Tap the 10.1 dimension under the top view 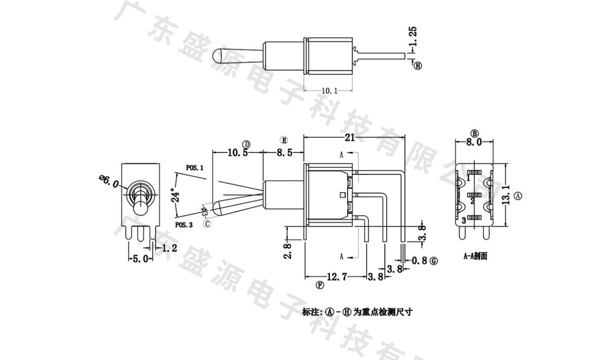pyautogui.click(x=329, y=91)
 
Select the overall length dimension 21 pyautogui.click(x=350, y=137)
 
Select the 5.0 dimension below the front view pyautogui.click(x=140, y=259)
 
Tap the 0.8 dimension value pyautogui.click(x=420, y=260)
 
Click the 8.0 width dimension pyautogui.click(x=474, y=142)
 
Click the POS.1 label pyautogui.click(x=194, y=168)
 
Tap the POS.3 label pyautogui.click(x=184, y=224)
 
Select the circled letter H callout pyautogui.click(x=418, y=66)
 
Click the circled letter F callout pyautogui.click(x=320, y=285)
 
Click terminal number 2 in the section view pyautogui.click(x=472, y=201)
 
